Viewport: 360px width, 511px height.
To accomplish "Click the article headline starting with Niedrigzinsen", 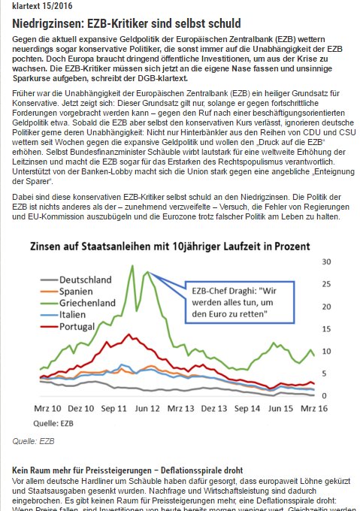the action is click(x=126, y=23).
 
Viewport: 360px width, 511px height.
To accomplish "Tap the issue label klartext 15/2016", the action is click(x=42, y=6).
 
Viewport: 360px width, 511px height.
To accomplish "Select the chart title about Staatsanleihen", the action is click(x=170, y=246).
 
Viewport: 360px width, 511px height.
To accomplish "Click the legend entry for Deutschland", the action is click(x=76, y=280).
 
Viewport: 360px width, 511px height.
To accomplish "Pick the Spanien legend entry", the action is click(x=66, y=292).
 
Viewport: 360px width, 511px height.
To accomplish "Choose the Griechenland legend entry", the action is click(x=78, y=303).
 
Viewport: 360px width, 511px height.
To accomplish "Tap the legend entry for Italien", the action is click(x=63, y=315).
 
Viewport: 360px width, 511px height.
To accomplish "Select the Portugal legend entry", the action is click(x=68, y=327).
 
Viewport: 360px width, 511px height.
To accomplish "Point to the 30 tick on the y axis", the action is click(x=326, y=262).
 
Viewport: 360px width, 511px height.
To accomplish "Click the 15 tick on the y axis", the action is click(x=326, y=329).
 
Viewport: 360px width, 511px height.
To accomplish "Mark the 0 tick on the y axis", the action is click(x=324, y=395).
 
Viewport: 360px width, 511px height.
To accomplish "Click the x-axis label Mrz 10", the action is click(x=47, y=409).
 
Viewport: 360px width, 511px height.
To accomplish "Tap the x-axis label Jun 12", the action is click(x=147, y=409).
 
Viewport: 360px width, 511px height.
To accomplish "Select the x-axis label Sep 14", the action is click(x=247, y=409).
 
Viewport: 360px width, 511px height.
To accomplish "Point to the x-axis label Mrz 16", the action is click(x=314, y=409).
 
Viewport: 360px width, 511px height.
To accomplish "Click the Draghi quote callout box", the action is click(x=240, y=302).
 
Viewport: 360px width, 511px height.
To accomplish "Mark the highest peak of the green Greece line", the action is click(x=132, y=265).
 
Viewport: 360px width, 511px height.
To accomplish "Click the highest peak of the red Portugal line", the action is click(x=129, y=334).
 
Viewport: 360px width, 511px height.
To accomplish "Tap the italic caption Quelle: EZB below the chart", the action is click(x=33, y=441).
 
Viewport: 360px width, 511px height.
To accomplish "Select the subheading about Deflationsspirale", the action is click(x=127, y=470).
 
